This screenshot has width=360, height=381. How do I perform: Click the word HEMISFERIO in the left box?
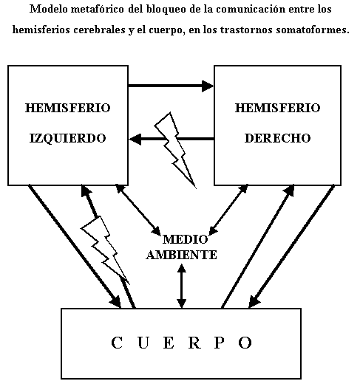(68, 108)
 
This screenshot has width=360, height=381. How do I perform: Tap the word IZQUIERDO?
(68, 138)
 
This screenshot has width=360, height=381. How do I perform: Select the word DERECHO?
(277, 138)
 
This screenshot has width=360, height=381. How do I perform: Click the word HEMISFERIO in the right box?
(277, 108)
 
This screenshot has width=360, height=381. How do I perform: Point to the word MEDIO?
(185, 239)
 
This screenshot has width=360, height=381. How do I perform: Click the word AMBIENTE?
(182, 255)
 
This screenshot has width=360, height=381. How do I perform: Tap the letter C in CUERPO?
(117, 343)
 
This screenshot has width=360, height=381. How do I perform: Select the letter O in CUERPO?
(245, 343)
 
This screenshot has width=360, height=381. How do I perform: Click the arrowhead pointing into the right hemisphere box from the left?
(208, 86)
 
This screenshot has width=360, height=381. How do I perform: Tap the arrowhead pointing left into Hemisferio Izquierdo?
(135, 140)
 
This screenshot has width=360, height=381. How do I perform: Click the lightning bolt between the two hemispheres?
(175, 150)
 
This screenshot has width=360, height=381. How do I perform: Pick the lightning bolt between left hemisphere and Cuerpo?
(106, 250)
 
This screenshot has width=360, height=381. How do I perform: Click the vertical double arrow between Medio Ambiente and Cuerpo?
(182, 286)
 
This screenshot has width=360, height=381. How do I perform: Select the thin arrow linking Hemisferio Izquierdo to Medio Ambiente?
(138, 210)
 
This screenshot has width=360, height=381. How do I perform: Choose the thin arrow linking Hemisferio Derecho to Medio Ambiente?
(228, 210)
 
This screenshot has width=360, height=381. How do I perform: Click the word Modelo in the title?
(49, 10)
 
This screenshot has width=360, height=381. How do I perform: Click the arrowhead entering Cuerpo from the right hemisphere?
(254, 301)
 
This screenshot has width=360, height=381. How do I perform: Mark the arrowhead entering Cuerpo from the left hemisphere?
(116, 301)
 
